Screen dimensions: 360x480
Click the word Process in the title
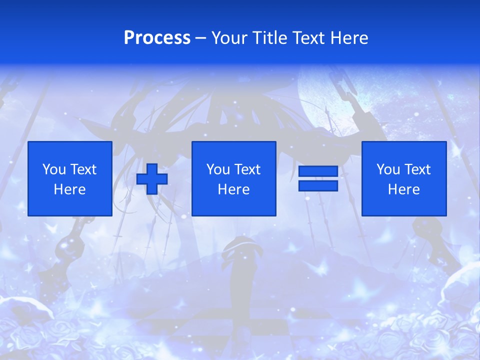coord(157,38)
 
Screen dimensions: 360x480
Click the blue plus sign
coord(152,179)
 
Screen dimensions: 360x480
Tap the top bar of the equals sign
coord(318,171)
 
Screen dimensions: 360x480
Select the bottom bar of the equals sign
coord(318,185)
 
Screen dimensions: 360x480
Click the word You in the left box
coord(54,169)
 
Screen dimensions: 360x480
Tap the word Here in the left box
coord(69,189)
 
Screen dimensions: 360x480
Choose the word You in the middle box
coord(218,169)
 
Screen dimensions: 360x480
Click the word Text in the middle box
coord(247,169)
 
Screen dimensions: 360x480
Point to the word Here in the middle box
coord(233,189)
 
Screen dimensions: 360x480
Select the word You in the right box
coord(388,169)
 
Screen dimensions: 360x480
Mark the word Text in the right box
coord(417,169)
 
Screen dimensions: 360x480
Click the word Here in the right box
coord(403,189)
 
